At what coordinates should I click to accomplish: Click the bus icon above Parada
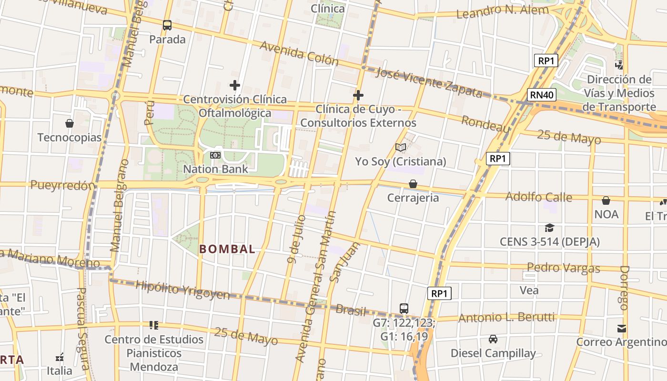[x=167, y=25]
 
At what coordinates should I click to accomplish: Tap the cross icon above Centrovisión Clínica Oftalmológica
[x=234, y=86]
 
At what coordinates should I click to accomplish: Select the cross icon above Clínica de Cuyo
[x=358, y=96]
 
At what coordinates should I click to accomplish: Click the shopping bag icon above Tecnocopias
[x=70, y=124]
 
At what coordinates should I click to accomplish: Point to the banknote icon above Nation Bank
[x=215, y=155]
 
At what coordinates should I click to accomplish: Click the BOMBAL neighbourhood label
[x=227, y=249]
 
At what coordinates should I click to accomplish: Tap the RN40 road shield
[x=542, y=95]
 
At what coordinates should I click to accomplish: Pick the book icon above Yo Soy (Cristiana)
[x=401, y=148]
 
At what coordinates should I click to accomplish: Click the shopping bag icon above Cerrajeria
[x=413, y=184]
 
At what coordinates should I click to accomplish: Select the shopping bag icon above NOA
[x=606, y=201]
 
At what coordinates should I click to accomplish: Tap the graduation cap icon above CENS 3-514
[x=549, y=228]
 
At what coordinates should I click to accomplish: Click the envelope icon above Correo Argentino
[x=621, y=328]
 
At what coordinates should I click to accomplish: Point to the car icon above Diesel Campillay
[x=493, y=339]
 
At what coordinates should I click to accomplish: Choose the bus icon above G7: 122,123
[x=404, y=309]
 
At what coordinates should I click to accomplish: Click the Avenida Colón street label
[x=299, y=53]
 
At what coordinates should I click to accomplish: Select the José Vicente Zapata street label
[x=429, y=82]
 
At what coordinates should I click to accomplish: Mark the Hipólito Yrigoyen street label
[x=182, y=290]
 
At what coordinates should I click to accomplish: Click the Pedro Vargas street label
[x=563, y=268]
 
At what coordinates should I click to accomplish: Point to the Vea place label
[x=529, y=290]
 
